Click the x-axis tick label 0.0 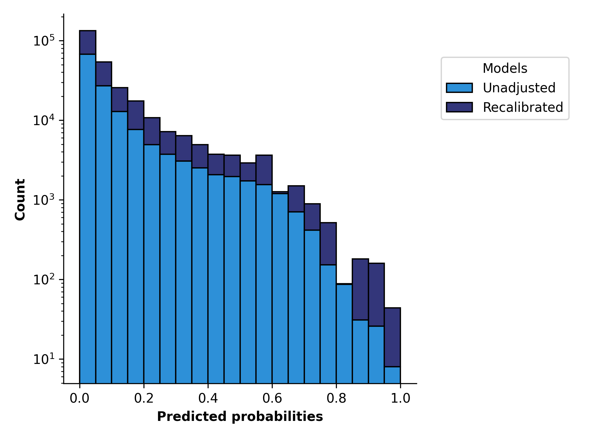tap(80, 398)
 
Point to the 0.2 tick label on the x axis tap(144, 398)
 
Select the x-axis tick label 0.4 tap(208, 398)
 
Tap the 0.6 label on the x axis tap(272, 398)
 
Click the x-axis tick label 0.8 tap(336, 398)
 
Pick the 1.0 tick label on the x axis tap(400, 398)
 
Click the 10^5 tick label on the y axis tap(44, 41)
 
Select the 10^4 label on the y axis tap(44, 120)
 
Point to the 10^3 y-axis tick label tap(44, 200)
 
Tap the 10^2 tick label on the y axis tap(44, 279)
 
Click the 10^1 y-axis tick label tap(44, 359)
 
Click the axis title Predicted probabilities tap(240, 417)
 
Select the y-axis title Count tap(20, 199)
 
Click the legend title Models tap(505, 68)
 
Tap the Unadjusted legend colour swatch tap(459, 88)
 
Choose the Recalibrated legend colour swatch tap(459, 107)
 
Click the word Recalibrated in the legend tap(523, 107)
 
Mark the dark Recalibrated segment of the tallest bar tap(88, 42)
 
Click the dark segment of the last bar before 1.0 tap(392, 337)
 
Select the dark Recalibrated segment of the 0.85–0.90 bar tap(360, 289)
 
